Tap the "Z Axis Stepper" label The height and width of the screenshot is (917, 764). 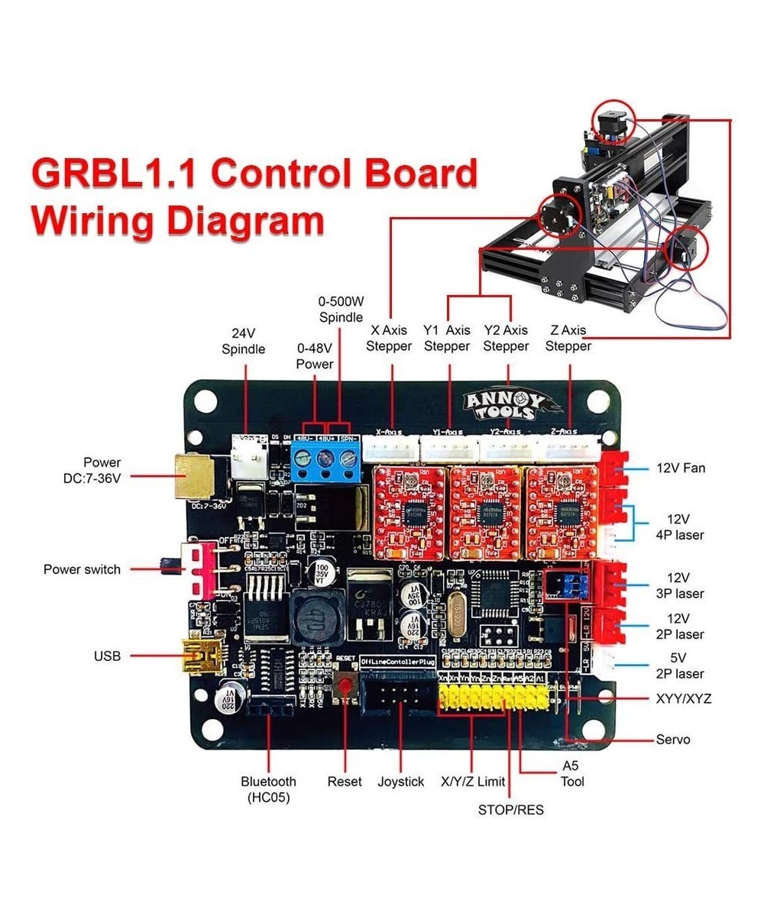click(x=568, y=338)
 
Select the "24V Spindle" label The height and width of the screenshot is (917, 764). click(x=243, y=341)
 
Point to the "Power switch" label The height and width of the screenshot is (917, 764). click(x=82, y=569)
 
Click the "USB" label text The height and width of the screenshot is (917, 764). click(x=107, y=656)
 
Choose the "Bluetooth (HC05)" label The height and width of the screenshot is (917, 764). click(x=268, y=789)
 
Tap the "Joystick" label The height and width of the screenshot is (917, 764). click(x=400, y=782)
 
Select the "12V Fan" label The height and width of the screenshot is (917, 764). click(x=680, y=468)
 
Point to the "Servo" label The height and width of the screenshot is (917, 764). click(x=674, y=740)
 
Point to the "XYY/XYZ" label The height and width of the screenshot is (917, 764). click(x=684, y=698)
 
